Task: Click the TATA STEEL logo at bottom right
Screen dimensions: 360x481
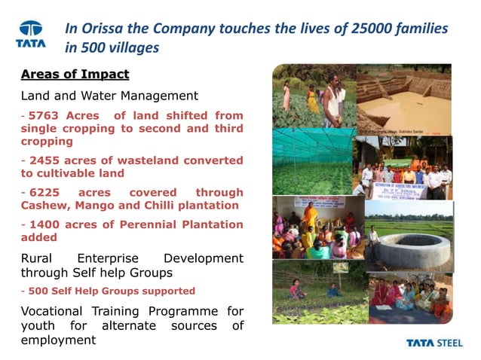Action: (x=437, y=343)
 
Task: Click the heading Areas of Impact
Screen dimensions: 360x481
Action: (x=75, y=75)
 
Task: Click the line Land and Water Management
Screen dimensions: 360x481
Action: (x=109, y=96)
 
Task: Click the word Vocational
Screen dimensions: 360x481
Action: (x=58, y=311)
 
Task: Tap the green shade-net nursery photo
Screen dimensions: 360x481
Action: (x=311, y=162)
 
